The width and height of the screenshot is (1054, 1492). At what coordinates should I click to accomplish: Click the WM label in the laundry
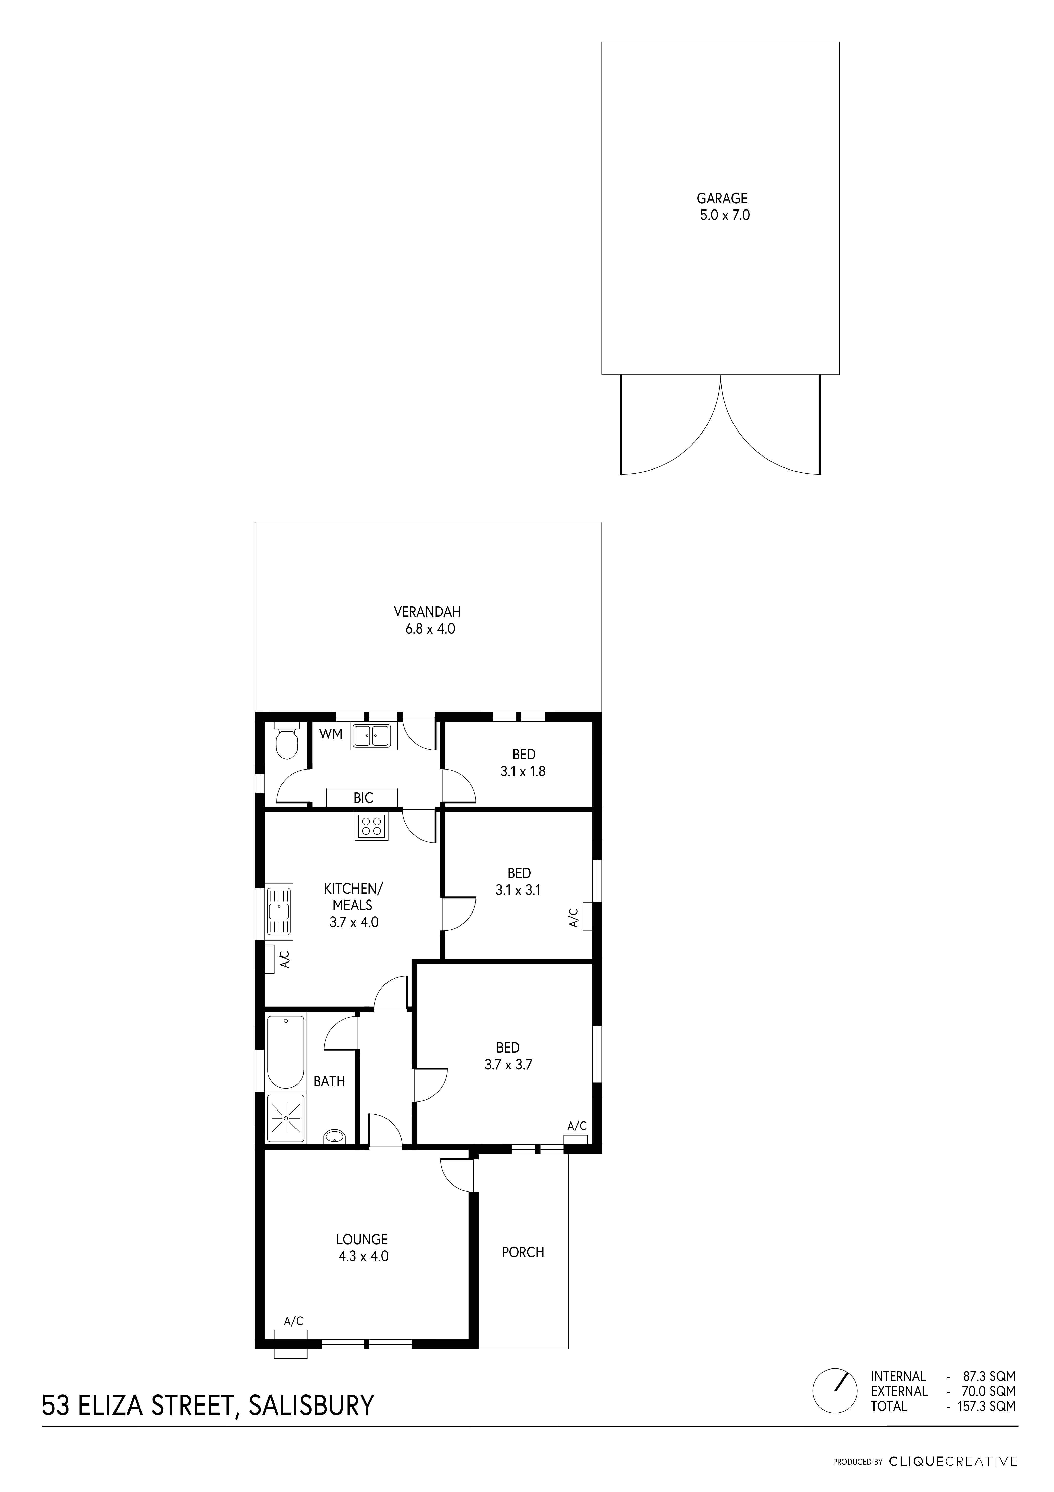[x=330, y=735]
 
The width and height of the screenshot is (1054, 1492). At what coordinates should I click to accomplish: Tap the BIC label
[x=363, y=798]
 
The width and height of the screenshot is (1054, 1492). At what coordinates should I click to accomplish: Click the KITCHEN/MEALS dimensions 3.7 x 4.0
[x=354, y=921]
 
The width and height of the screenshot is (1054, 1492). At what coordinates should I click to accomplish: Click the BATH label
[x=329, y=1081]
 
